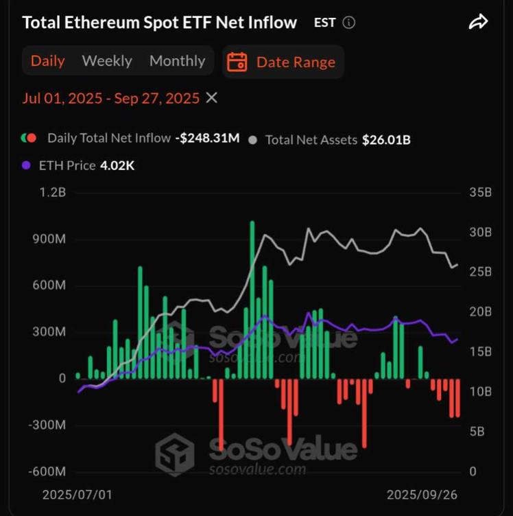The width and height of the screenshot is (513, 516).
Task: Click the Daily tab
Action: pos(48,61)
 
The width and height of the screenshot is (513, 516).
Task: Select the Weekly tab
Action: pos(107,61)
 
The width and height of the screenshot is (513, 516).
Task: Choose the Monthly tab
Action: pos(177,61)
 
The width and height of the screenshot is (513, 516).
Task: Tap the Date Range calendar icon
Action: pos(237,62)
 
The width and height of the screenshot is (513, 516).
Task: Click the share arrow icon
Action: pos(478,23)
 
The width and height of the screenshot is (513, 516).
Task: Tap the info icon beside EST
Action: pos(349,23)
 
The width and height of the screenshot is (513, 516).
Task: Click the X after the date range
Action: pos(212,98)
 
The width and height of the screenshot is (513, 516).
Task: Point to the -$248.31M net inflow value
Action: pos(207,138)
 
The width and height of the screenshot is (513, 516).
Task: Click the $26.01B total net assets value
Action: pos(386,140)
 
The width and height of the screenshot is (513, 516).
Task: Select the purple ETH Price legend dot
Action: pos(27,165)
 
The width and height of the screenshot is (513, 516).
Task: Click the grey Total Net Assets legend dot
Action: pos(253,140)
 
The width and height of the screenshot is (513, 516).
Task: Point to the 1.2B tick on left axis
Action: pos(52,193)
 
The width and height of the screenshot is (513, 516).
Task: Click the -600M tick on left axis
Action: pos(47,472)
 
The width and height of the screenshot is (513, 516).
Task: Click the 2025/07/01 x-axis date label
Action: pos(77,495)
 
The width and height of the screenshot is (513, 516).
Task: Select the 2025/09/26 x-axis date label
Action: pos(422,495)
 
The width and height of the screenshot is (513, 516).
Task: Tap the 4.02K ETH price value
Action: pos(117,165)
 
